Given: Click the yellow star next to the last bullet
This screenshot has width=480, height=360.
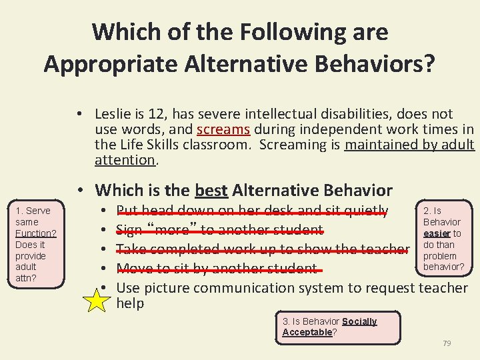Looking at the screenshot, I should pyautogui.click(x=97, y=301).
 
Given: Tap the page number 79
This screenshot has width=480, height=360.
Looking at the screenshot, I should pyautogui.click(x=447, y=343).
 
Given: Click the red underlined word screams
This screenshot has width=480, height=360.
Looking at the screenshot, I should pyautogui.click(x=223, y=129).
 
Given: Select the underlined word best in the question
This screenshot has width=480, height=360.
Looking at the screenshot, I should pyautogui.click(x=211, y=190).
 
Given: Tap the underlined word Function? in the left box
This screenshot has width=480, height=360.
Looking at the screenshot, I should pyautogui.click(x=35, y=233).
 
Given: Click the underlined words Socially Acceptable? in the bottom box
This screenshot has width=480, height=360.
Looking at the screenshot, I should pyautogui.click(x=330, y=327).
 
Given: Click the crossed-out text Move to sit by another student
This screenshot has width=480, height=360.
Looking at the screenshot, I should pyautogui.click(x=217, y=269).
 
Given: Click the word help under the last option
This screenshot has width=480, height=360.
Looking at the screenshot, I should pyautogui.click(x=131, y=303).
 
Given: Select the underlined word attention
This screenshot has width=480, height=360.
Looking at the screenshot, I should pyautogui.click(x=125, y=160).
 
